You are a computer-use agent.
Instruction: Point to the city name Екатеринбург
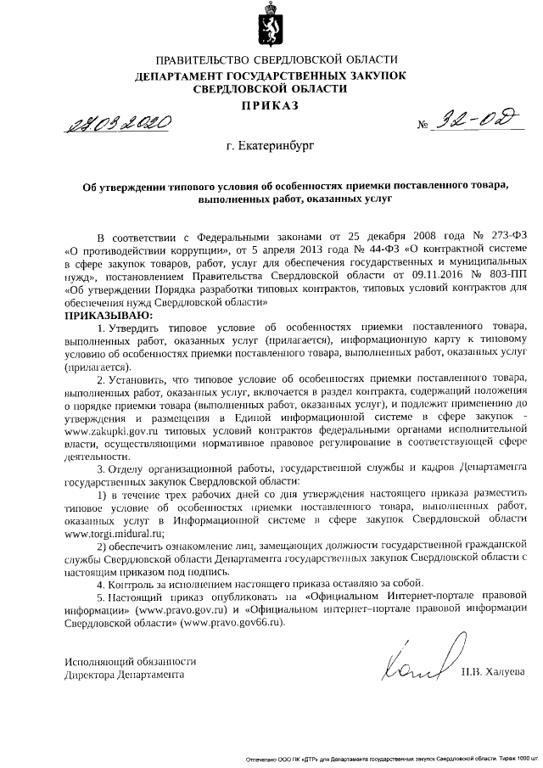(270, 146)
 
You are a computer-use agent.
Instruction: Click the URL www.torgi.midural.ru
(107, 534)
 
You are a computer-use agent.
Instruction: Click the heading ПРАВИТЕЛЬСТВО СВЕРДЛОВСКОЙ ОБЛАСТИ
(271, 59)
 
